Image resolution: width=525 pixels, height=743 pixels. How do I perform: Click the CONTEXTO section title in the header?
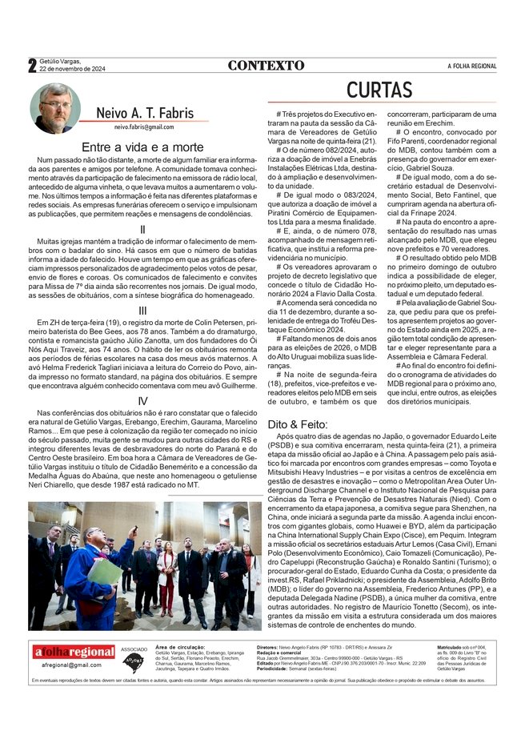266,65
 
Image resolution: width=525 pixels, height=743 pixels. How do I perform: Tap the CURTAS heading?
379,90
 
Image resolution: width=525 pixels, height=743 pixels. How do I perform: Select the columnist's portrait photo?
55,107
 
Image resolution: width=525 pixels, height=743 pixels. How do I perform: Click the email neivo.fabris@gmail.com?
143,127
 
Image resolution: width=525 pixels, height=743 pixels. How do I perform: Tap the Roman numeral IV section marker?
142,400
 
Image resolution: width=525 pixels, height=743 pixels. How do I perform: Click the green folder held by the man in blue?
105,570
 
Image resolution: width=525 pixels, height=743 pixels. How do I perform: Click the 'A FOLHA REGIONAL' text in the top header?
471,66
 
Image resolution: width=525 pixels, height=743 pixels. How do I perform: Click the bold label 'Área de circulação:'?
181,645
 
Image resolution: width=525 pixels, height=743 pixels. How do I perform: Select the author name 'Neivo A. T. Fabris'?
143,113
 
